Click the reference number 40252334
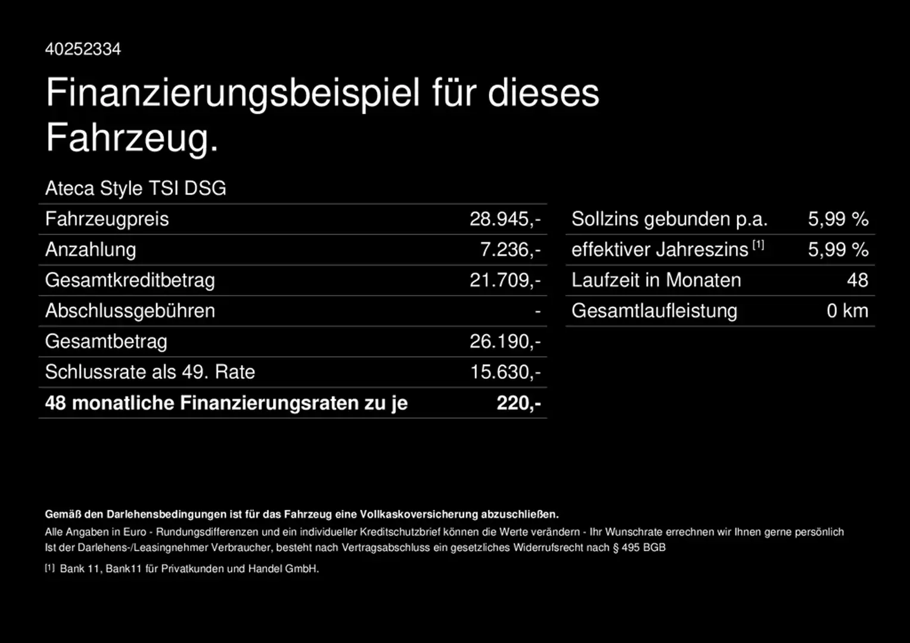coord(83,49)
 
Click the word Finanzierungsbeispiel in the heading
coord(233,93)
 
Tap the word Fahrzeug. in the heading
coord(132,138)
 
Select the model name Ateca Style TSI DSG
coord(135,188)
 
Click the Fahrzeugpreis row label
coord(107,219)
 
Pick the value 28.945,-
coord(505,219)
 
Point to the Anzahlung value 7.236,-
coord(510,249)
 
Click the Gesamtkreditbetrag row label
coord(130,280)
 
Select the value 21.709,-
coord(505,280)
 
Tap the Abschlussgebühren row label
coord(130,311)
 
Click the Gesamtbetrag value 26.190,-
coord(505,341)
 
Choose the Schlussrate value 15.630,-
coord(505,372)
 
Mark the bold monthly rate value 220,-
coord(518,403)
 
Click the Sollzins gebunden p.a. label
coord(669,219)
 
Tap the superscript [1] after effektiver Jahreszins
coord(758,245)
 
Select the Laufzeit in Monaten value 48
coord(858,280)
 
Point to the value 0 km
coord(847,311)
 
